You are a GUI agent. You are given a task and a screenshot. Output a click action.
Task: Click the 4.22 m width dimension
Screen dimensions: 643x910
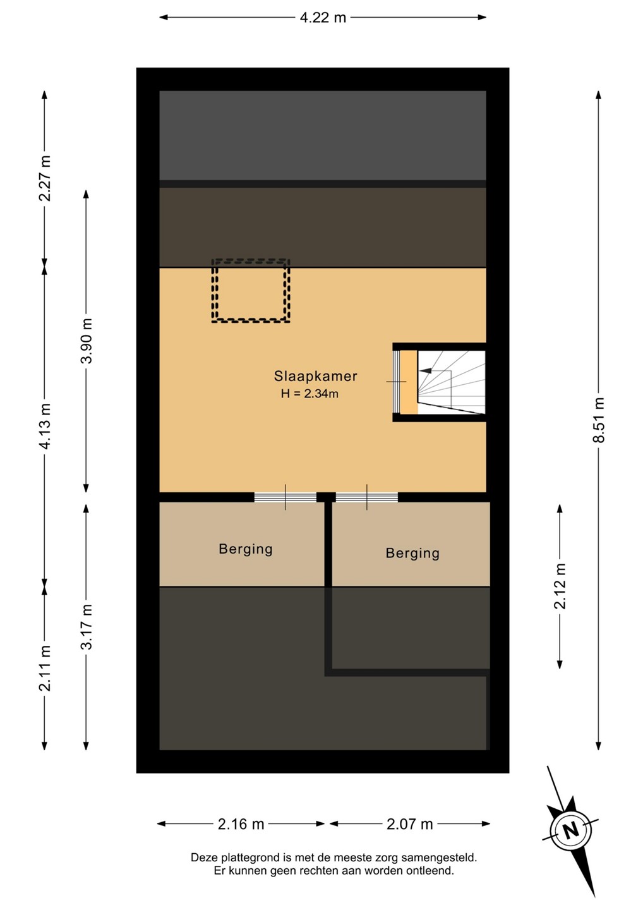pyautogui.click(x=323, y=18)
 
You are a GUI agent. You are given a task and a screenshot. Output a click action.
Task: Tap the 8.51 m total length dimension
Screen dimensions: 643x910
pyautogui.click(x=599, y=419)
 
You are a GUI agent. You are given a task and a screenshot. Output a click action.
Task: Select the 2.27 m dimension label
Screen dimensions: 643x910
pyautogui.click(x=45, y=178)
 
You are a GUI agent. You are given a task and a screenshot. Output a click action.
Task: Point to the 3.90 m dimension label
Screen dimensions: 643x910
pyautogui.click(x=87, y=341)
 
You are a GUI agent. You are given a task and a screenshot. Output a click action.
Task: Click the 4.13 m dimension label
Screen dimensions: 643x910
pyautogui.click(x=45, y=426)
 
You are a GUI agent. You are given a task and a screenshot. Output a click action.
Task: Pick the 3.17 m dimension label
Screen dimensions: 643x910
pyautogui.click(x=87, y=626)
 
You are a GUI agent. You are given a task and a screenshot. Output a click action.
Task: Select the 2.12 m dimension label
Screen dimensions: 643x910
pyautogui.click(x=560, y=586)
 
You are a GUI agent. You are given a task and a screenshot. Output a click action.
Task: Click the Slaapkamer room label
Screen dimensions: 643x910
pyautogui.click(x=315, y=376)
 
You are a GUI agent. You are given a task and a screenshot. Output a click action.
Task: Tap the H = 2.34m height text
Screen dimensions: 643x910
pyautogui.click(x=309, y=394)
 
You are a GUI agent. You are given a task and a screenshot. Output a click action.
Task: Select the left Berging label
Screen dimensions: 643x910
pyautogui.click(x=246, y=549)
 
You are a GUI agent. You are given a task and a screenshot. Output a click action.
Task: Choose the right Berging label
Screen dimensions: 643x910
pyautogui.click(x=412, y=554)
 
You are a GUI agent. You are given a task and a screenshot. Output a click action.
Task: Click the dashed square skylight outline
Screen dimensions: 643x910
pyautogui.click(x=251, y=259)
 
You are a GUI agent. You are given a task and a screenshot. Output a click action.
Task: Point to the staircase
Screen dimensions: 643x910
pyautogui.click(x=452, y=382)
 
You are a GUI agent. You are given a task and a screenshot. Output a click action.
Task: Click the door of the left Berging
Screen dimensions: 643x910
pyautogui.click(x=285, y=497)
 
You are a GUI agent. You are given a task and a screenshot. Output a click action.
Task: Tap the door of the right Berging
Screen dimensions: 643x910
pyautogui.click(x=367, y=497)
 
